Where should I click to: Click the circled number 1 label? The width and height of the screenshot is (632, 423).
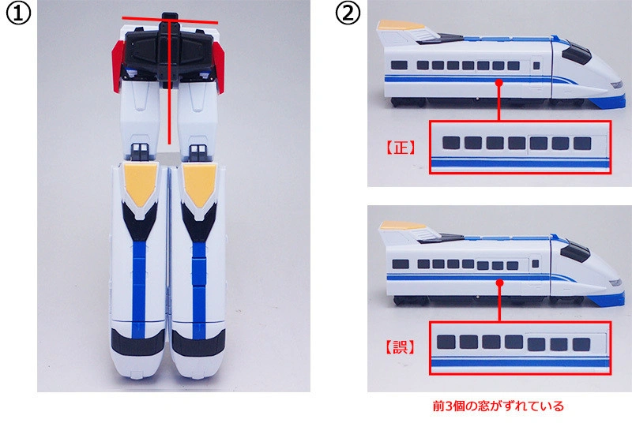tap(18, 14)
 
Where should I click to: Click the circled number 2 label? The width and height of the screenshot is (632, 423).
tap(348, 14)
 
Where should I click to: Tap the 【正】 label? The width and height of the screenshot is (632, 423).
tap(401, 148)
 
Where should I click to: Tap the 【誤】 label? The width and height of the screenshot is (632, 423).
tap(401, 347)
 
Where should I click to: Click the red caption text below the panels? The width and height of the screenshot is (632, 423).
tap(498, 406)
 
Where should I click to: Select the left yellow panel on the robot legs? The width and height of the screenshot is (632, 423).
tap(140, 185)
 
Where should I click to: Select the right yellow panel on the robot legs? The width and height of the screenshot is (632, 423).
tap(199, 185)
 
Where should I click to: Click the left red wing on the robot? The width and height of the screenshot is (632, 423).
tap(118, 66)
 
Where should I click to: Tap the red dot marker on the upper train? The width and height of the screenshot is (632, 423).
tap(499, 83)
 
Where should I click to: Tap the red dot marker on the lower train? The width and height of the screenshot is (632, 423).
tap(500, 283)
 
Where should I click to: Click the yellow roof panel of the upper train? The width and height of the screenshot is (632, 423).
tap(401, 25)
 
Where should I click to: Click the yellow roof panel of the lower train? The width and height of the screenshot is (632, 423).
tap(402, 226)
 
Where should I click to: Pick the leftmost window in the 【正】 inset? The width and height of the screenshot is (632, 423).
tap(451, 143)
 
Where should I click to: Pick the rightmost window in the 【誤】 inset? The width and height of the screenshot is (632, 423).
tap(581, 344)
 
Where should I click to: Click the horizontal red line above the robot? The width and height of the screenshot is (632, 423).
tap(170, 20)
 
